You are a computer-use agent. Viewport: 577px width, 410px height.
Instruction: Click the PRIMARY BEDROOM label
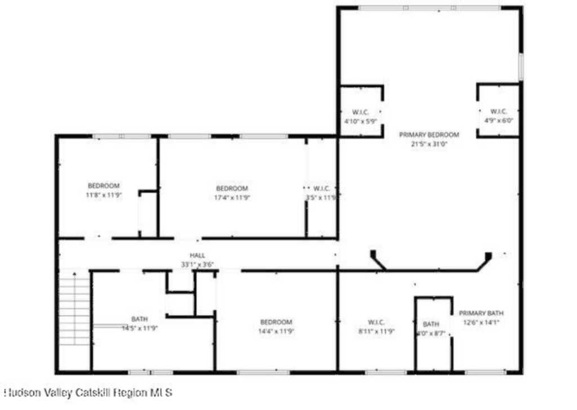pos(429,135)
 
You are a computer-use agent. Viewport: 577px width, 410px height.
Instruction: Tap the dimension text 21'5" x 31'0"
pos(429,144)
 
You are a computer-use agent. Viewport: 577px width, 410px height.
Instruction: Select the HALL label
pos(197,256)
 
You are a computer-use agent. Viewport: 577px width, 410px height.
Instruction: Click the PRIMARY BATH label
pos(481,313)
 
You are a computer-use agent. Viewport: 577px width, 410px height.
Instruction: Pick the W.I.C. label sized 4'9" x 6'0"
pos(499,111)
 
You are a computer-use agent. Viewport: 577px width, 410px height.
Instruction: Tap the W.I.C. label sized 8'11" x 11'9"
pos(376,322)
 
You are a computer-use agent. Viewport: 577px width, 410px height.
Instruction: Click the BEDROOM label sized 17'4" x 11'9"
pos(232,188)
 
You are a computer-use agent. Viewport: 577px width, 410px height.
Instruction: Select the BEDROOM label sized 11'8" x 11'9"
pos(104,186)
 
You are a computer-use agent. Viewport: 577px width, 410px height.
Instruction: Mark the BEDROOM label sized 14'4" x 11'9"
pos(276,322)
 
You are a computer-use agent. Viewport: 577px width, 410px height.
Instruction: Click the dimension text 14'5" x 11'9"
pos(140,328)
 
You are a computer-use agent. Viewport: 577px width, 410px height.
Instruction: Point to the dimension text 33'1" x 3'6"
pos(197,264)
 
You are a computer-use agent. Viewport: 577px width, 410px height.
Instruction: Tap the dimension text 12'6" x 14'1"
pos(481,322)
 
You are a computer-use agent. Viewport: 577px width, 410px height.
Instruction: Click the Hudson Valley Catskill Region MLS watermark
pos(88,392)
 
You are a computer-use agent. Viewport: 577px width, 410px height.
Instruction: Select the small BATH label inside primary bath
pos(431,324)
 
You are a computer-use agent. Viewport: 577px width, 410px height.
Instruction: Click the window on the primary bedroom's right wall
pos(521,66)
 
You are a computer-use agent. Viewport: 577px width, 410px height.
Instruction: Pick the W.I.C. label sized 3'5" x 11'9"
pos(321,188)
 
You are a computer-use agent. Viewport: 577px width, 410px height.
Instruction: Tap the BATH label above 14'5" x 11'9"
pos(140,319)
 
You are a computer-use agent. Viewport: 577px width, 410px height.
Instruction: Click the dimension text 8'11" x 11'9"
pos(376,331)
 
